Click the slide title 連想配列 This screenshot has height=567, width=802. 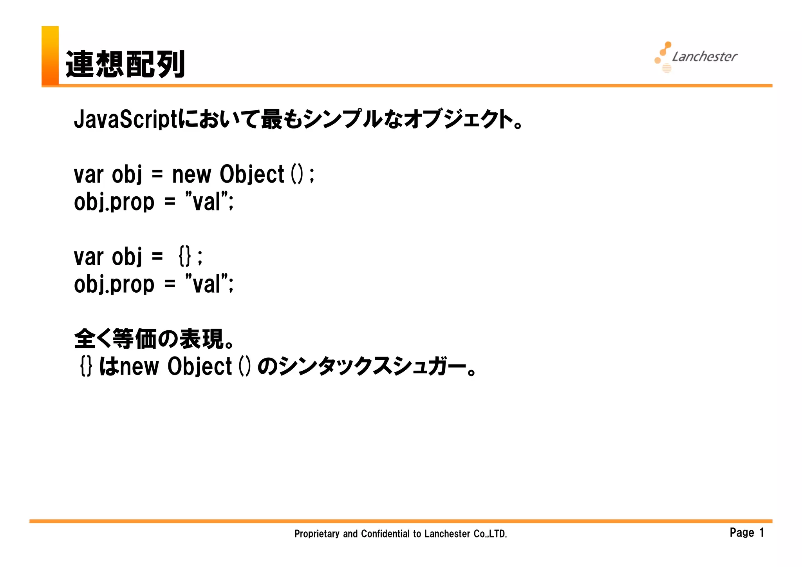click(x=125, y=64)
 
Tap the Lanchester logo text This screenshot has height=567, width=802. click(x=704, y=57)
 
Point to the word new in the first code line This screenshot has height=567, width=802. click(x=191, y=174)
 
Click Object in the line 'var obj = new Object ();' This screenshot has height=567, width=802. click(x=252, y=174)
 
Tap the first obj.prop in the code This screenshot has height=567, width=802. click(x=114, y=202)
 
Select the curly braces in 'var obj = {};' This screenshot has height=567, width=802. click(x=185, y=257)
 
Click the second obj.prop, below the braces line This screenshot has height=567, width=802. click(x=114, y=284)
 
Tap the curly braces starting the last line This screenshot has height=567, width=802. click(x=86, y=366)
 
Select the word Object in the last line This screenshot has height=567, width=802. click(x=200, y=366)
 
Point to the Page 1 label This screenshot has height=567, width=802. click(x=747, y=533)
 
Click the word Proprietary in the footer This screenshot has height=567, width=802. click(x=317, y=534)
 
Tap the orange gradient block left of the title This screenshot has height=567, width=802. click(x=50, y=55)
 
